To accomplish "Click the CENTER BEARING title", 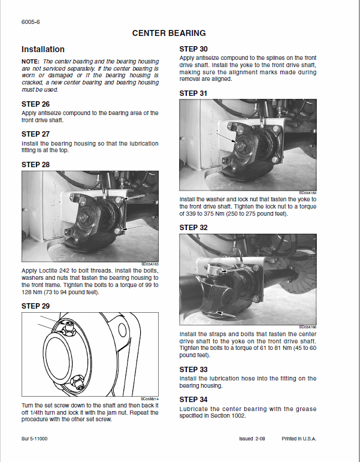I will click(x=169, y=33).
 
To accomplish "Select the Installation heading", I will click(x=43, y=49).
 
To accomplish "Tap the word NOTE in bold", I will click(x=30, y=62).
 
